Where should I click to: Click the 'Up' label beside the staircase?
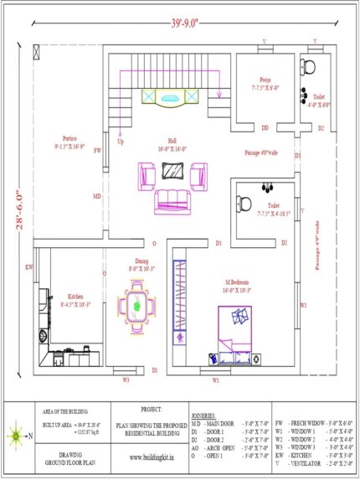click(121, 142)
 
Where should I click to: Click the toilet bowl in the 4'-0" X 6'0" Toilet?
click(308, 68)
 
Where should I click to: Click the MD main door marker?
click(97, 198)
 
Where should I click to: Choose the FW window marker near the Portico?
click(98, 151)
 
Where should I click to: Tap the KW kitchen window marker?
click(28, 267)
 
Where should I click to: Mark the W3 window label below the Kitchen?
click(126, 380)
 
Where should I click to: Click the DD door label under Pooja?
click(265, 128)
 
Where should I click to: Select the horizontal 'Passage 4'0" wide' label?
click(262, 153)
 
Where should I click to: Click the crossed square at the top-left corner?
click(35, 53)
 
